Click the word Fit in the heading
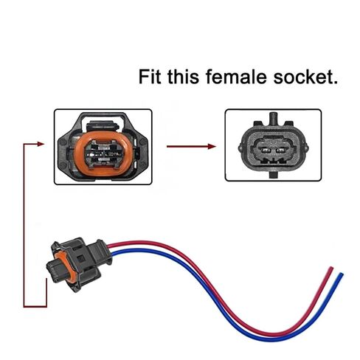(x=150, y=77)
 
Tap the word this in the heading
(x=183, y=77)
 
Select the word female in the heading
(x=236, y=77)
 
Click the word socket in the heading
(x=301, y=77)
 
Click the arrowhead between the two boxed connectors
(x=212, y=147)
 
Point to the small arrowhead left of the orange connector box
(x=41, y=144)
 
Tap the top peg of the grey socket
(x=273, y=117)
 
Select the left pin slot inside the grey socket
(x=266, y=150)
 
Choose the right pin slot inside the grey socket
(x=281, y=150)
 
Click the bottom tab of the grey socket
(x=274, y=175)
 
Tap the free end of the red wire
(x=331, y=269)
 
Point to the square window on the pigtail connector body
(x=81, y=259)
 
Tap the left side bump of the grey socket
(x=240, y=148)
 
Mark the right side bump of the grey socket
(x=307, y=148)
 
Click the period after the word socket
(x=335, y=83)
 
